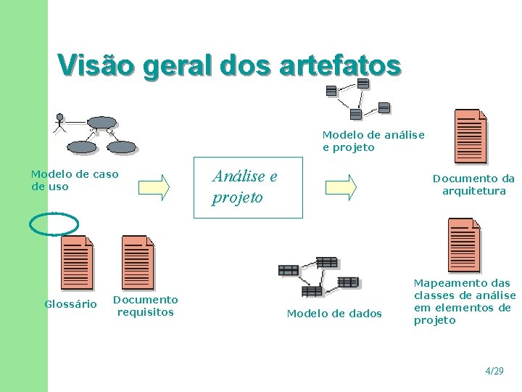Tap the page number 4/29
click(x=494, y=371)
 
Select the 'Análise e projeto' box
click(x=248, y=187)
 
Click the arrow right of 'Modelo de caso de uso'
click(x=154, y=187)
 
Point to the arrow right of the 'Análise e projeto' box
click(x=341, y=187)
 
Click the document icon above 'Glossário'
click(x=77, y=262)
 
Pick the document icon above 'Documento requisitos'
click(x=138, y=262)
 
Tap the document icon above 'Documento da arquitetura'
click(x=470, y=136)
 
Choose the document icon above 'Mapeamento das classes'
click(x=464, y=245)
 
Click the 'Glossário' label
click(x=70, y=304)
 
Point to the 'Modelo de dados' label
click(x=334, y=314)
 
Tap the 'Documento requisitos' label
click(x=145, y=306)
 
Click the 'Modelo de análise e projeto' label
click(x=373, y=141)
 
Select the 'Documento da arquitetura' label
click(x=473, y=184)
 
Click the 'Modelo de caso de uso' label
click(x=74, y=180)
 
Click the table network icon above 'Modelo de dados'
click(x=319, y=276)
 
